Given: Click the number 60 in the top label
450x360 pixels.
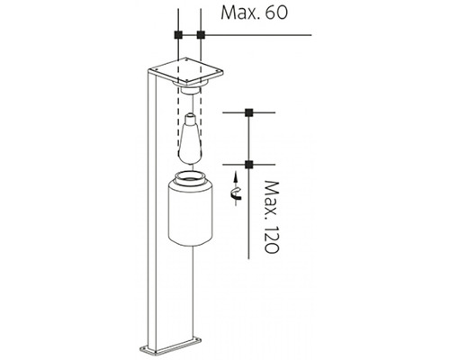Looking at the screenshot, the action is click(276, 13).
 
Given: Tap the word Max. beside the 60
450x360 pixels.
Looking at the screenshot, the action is click(240, 13).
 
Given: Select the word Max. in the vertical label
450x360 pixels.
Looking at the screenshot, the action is click(272, 199).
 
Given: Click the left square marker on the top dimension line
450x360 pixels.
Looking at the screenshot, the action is click(178, 35).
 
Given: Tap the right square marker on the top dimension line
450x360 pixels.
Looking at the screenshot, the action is click(201, 35).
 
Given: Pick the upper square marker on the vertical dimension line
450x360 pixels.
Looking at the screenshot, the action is click(248, 112).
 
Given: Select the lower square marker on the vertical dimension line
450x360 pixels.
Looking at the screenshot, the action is click(248, 165).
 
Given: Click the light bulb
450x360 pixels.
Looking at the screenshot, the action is click(191, 139).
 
